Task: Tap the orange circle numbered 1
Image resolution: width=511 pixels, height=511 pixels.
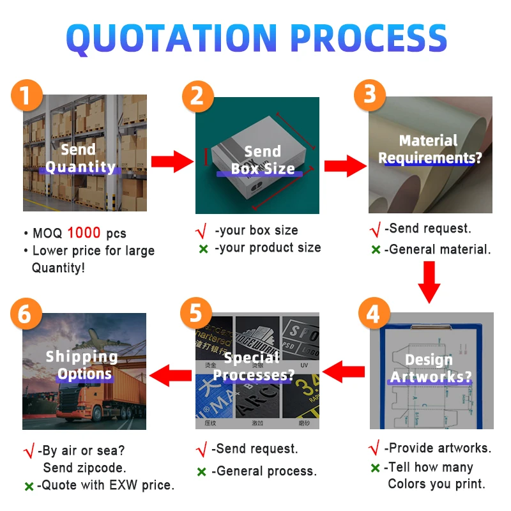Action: [26, 95]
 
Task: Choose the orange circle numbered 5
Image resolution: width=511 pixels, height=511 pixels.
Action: [196, 314]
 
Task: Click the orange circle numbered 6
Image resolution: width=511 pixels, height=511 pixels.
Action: [26, 314]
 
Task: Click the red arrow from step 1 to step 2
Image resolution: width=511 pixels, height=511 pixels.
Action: [172, 161]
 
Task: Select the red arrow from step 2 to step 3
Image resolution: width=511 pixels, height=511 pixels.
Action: [344, 166]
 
